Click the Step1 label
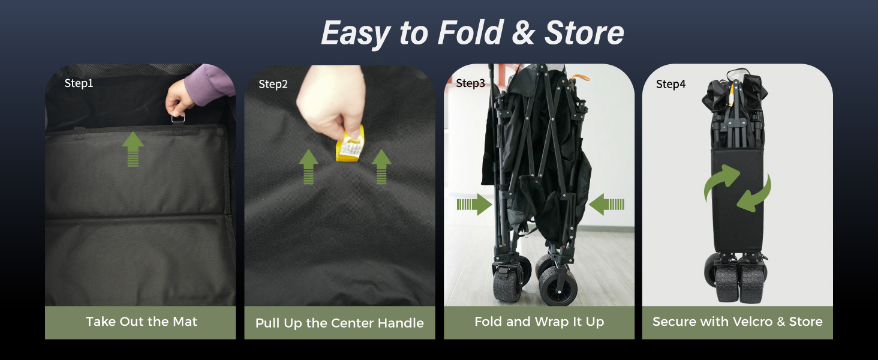tap(79, 83)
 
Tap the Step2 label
tap(273, 84)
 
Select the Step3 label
tap(470, 83)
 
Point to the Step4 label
tap(670, 84)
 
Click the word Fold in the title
tap(470, 32)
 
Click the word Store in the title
tap(584, 32)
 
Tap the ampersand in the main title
tap(524, 32)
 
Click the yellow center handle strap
tap(350, 144)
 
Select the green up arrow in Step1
tap(133, 149)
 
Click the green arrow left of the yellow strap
tap(308, 167)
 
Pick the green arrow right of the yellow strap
tap(381, 167)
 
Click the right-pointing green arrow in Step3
tap(474, 205)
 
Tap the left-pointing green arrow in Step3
tap(606, 205)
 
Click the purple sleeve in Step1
tap(210, 85)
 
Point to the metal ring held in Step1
tap(178, 117)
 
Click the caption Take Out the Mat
tap(141, 322)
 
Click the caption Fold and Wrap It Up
tap(539, 322)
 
